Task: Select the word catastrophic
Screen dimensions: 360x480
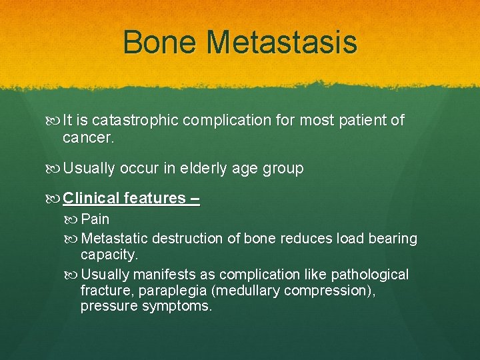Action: [135, 121]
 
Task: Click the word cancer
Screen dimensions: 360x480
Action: [89, 138]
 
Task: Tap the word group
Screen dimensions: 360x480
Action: [285, 169]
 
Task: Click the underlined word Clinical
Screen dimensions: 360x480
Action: [91, 198]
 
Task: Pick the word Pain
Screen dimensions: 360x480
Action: [95, 219]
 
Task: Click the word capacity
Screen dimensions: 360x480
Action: [109, 255]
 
